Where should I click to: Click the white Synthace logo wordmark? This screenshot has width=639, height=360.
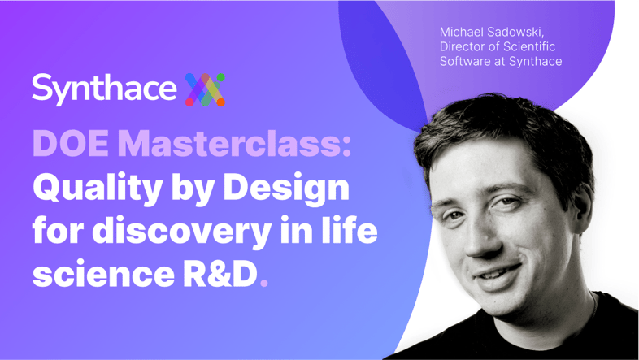click(x=104, y=89)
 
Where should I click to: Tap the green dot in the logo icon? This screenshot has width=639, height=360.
click(x=220, y=77)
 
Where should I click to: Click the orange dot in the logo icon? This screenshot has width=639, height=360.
click(x=220, y=102)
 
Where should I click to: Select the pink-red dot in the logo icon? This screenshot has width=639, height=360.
click(x=189, y=102)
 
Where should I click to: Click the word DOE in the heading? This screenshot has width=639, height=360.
click(x=71, y=144)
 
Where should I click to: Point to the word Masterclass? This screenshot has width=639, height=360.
click(x=229, y=144)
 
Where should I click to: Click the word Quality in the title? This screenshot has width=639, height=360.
click(x=98, y=189)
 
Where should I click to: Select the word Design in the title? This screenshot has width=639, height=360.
click(x=286, y=189)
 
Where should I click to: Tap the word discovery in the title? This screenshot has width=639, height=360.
click(x=181, y=231)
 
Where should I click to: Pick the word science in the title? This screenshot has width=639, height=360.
click(x=103, y=275)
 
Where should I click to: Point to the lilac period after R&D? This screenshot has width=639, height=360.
click(x=264, y=283)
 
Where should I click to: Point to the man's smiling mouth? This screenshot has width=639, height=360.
click(x=498, y=273)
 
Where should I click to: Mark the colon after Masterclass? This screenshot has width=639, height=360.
click(x=346, y=146)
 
